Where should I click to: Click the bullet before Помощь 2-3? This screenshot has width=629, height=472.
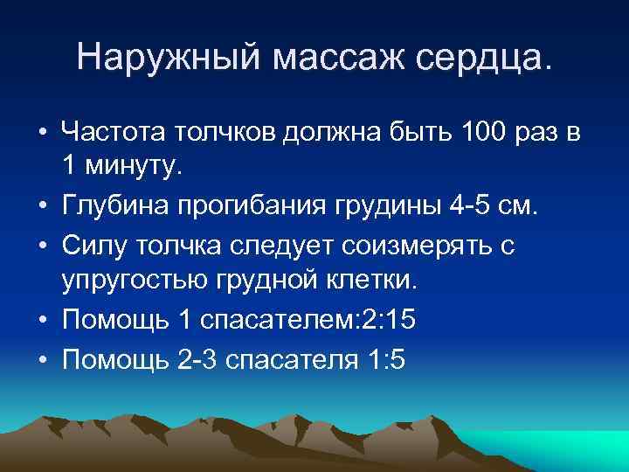42,360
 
